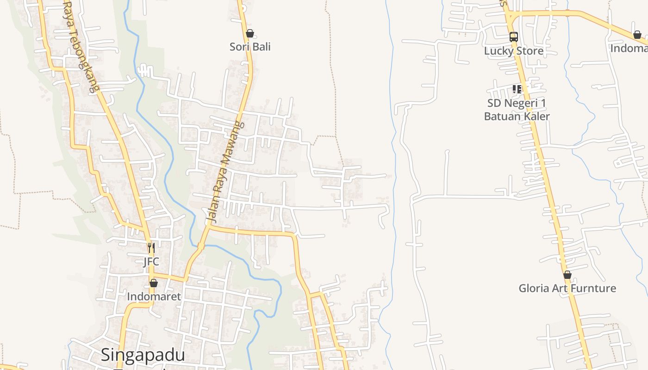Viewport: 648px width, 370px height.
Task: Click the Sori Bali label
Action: pos(250,47)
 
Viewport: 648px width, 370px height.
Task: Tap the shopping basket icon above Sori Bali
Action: pos(250,33)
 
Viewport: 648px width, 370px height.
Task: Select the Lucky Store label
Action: pos(514,51)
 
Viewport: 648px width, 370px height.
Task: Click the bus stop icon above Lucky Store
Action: pos(514,37)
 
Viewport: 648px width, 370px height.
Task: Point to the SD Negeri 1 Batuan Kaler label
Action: pos(517,110)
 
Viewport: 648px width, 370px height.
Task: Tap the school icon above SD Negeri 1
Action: pos(517,89)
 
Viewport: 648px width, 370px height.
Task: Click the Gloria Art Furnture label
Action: pos(567,289)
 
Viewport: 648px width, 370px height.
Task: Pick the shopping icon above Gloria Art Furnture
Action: pos(567,275)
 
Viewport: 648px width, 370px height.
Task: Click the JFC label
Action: pos(151,262)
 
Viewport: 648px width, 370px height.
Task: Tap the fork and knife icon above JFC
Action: pos(151,248)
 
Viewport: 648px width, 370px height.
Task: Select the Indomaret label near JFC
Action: pos(154,296)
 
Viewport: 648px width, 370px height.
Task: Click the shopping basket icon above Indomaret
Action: pos(154,283)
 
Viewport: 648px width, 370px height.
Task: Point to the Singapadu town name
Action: pos(143,355)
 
